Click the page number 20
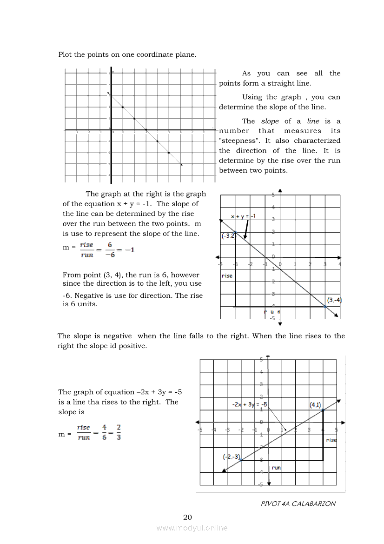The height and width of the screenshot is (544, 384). tap(187, 517)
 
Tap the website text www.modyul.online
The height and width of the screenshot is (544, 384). tap(192, 528)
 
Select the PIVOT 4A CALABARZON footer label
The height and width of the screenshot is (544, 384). tap(298, 504)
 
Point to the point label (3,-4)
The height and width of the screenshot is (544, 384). tap(334, 300)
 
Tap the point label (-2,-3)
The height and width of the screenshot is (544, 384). tap(232, 457)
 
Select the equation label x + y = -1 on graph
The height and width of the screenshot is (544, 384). tap(244, 216)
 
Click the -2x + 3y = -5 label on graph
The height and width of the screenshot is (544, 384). tap(250, 404)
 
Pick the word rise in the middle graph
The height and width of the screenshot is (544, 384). tap(227, 275)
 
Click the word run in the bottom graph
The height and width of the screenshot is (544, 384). tap(276, 467)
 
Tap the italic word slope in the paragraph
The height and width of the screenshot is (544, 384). tap(270, 121)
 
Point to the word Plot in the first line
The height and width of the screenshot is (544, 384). tap(66, 54)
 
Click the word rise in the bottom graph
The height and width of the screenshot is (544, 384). tap(331, 440)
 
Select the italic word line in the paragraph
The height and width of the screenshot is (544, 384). tap(313, 121)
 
